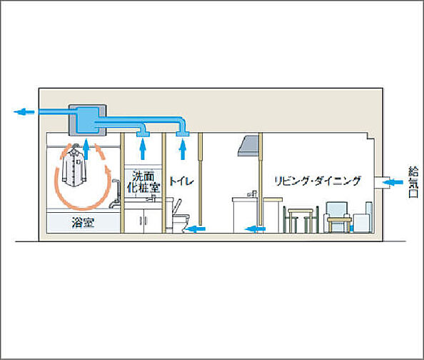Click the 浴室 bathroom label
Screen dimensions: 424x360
point(83,223)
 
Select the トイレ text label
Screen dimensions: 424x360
point(181,181)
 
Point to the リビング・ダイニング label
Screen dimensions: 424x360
point(318,181)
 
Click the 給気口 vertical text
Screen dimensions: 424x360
point(413,182)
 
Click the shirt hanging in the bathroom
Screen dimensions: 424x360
point(74,166)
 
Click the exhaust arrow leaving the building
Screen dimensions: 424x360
point(24,111)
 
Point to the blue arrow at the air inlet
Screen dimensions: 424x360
point(393,182)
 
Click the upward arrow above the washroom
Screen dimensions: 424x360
point(143,149)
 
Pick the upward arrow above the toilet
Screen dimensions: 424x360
point(183,149)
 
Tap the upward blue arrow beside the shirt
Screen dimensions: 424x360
point(86,149)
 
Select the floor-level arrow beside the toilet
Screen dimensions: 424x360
point(196,229)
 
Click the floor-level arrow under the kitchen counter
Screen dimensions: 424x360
point(255,229)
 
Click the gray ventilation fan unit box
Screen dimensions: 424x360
point(87,120)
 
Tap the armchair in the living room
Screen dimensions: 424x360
point(338,217)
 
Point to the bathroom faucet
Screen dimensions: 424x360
point(115,194)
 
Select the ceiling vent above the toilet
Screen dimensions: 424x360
point(183,134)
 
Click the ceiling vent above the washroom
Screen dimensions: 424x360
point(143,134)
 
